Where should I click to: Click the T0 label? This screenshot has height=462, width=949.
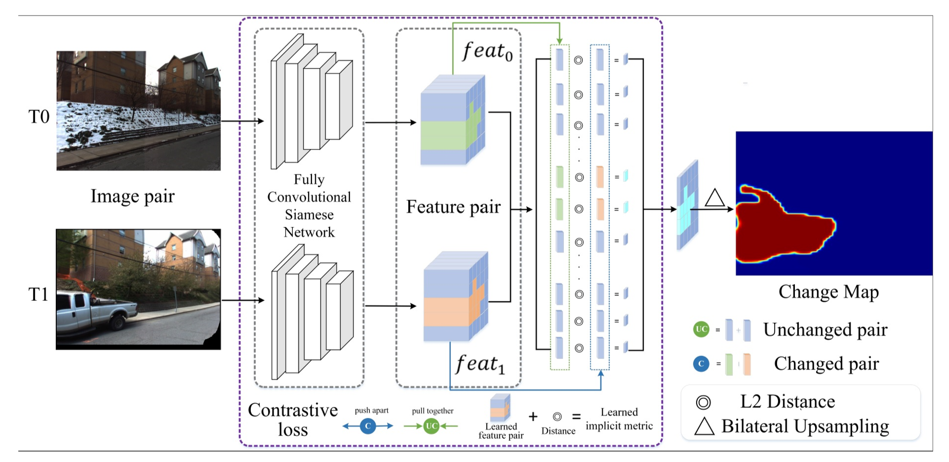tap(39, 117)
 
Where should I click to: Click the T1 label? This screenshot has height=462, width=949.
tap(39, 295)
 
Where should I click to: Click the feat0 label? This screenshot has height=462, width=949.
tap(487, 51)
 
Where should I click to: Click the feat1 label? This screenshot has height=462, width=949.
tap(480, 364)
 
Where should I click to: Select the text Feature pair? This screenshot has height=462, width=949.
tap(453, 207)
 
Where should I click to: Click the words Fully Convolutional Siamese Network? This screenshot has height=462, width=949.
tap(309, 205)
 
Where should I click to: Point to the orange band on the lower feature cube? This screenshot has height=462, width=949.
tap(446, 312)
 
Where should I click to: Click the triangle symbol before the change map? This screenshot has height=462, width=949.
tap(715, 198)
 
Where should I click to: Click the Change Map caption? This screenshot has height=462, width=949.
tap(828, 292)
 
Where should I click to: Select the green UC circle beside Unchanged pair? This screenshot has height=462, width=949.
tap(701, 330)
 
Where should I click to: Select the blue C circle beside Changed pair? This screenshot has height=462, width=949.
tap(701, 364)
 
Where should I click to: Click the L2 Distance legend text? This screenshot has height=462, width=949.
tap(787, 402)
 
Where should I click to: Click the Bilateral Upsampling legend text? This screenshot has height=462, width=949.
tap(805, 426)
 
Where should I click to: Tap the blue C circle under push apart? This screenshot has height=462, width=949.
tap(368, 426)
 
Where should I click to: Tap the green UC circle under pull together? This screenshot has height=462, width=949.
tap(431, 426)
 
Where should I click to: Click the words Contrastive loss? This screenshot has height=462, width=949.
tap(293, 420)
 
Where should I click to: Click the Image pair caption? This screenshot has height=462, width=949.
tap(132, 196)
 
